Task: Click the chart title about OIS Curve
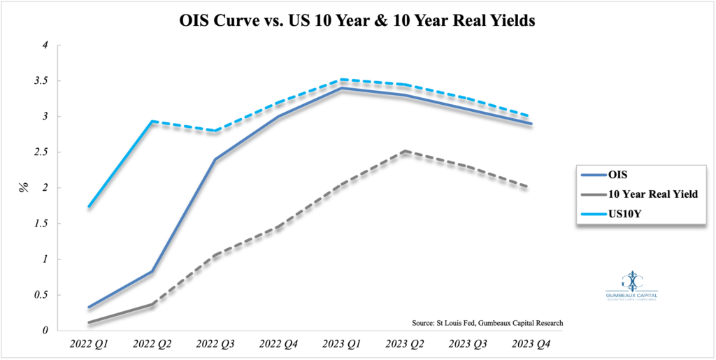click(358, 21)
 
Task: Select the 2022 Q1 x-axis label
click(89, 345)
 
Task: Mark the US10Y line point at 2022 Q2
click(152, 121)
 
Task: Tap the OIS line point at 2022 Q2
click(152, 271)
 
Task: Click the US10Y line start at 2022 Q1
click(89, 206)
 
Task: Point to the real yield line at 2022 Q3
click(214, 255)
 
